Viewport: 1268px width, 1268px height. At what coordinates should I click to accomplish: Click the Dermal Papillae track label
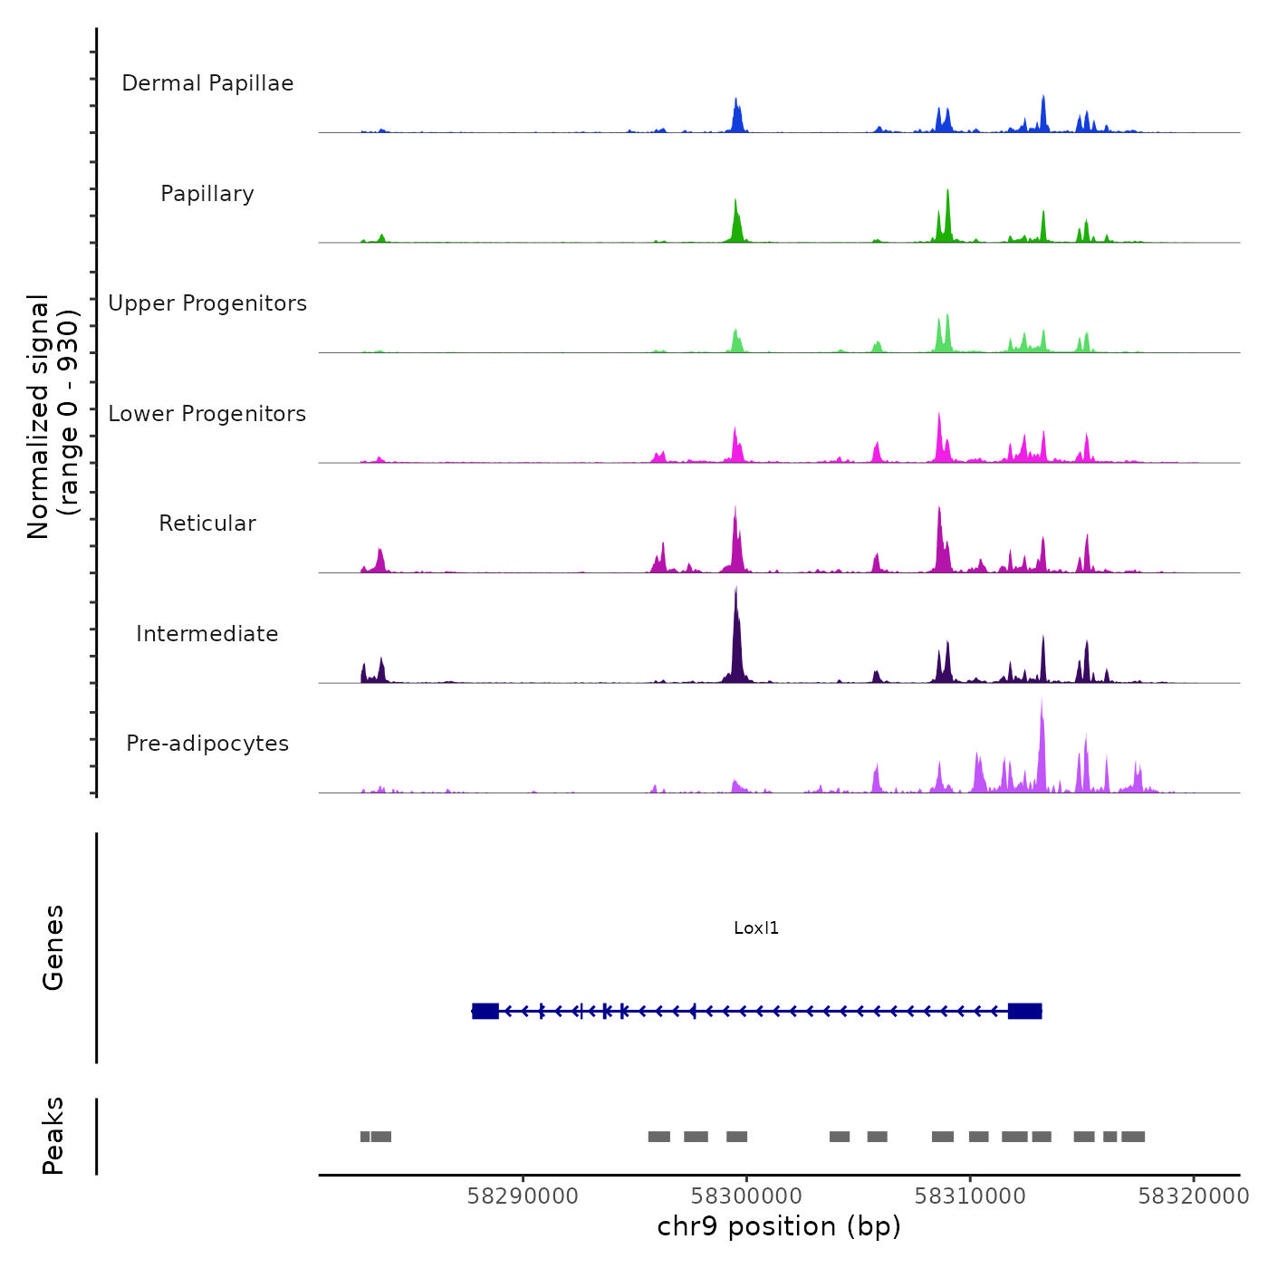(207, 83)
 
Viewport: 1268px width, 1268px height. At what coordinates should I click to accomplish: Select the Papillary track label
(207, 194)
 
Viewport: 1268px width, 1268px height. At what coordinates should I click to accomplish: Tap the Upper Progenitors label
(207, 303)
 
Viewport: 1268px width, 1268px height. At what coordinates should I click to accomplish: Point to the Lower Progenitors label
(207, 414)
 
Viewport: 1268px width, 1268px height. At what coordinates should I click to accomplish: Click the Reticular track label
(207, 524)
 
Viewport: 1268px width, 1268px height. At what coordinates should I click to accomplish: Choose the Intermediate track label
(207, 634)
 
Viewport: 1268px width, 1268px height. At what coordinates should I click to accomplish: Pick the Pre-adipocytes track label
(207, 744)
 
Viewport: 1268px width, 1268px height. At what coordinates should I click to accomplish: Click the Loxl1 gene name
(756, 928)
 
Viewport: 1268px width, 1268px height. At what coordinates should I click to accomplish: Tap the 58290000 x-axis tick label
(523, 1196)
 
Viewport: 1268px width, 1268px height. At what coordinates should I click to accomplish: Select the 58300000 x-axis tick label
(746, 1196)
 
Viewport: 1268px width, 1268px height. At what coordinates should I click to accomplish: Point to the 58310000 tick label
(970, 1196)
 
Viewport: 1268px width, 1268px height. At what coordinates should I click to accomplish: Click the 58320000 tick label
(1194, 1196)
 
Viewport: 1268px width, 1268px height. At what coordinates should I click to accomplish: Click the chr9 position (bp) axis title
(779, 1227)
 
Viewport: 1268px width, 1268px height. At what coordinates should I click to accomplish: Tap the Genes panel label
(53, 947)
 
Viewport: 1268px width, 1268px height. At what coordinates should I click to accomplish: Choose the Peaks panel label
(53, 1136)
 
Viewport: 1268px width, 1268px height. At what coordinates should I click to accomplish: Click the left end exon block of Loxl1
(485, 1011)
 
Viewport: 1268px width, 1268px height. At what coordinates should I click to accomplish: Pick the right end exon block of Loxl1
(1024, 1011)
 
